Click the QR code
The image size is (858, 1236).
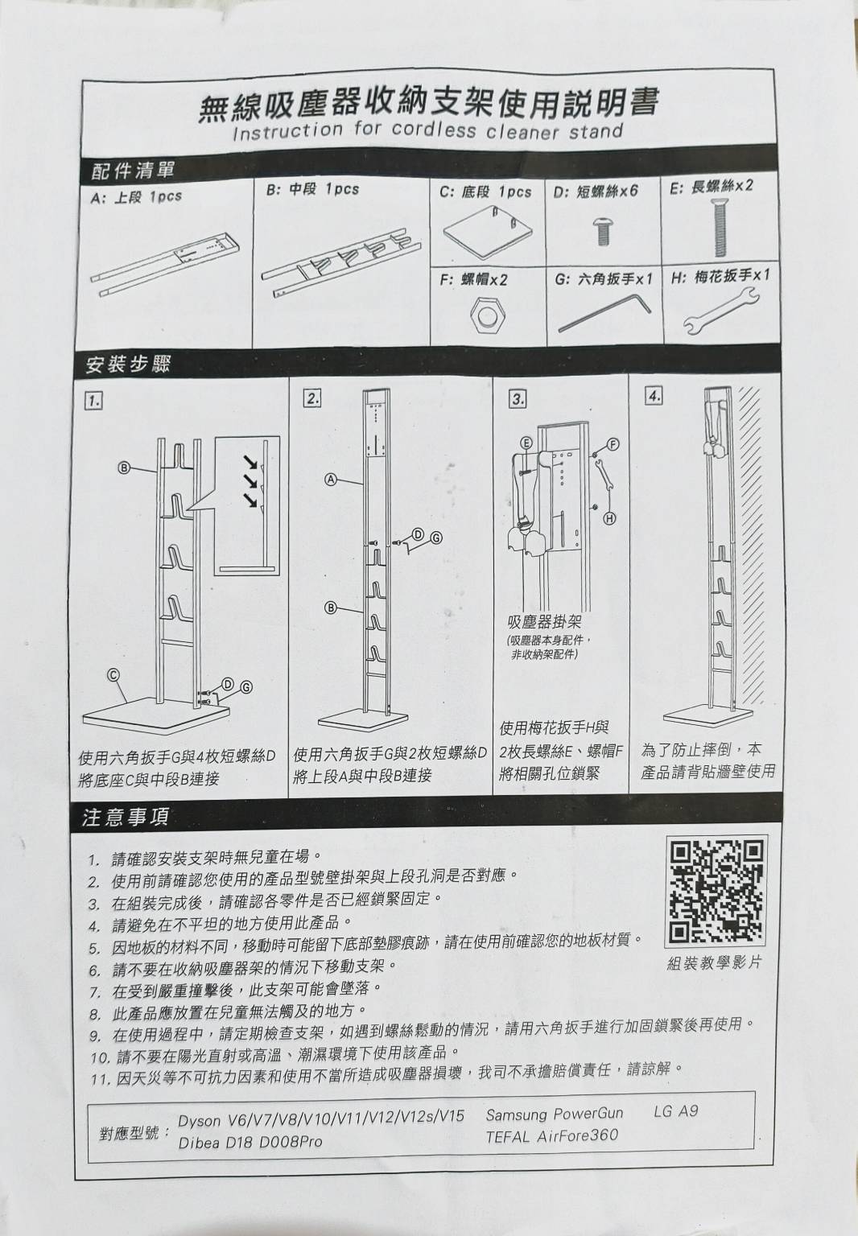tap(715, 892)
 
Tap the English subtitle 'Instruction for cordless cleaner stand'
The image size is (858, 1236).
tap(427, 131)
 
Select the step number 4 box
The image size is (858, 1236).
tap(654, 395)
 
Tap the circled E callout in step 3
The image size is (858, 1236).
tap(526, 443)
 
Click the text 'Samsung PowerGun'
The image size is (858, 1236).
tap(554, 1114)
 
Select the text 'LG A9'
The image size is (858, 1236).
tap(675, 1111)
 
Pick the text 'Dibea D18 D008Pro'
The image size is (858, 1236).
tap(250, 1142)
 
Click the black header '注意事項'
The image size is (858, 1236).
tap(126, 818)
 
